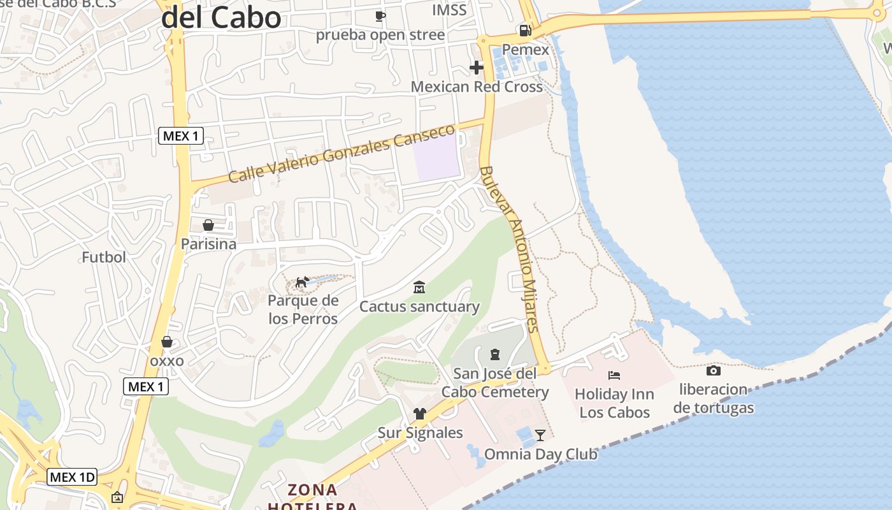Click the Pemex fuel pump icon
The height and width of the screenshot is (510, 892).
point(525,30)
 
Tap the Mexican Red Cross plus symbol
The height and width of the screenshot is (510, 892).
point(477,67)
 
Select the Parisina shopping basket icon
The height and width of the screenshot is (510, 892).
point(208,225)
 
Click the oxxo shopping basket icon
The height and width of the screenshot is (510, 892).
point(167,342)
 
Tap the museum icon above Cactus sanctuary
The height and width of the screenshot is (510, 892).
point(419,288)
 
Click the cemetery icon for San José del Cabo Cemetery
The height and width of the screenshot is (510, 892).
point(494,354)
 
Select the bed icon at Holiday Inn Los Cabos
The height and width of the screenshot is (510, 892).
point(614,375)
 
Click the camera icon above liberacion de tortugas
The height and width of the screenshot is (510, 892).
point(714,370)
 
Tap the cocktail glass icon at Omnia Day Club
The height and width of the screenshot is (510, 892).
point(540,435)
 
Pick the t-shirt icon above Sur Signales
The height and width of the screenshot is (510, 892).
point(419,414)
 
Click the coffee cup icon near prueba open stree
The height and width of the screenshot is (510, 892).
point(380,16)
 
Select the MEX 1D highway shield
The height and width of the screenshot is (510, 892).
point(72,477)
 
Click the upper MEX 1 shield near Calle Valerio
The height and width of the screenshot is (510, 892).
point(181,135)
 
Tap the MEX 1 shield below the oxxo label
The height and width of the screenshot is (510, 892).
point(146,386)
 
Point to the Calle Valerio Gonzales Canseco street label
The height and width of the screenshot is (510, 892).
point(342,153)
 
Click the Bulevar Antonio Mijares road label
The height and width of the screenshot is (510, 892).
point(510,249)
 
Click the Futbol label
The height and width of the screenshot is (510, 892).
point(104,257)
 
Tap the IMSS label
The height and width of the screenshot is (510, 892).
point(449,10)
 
